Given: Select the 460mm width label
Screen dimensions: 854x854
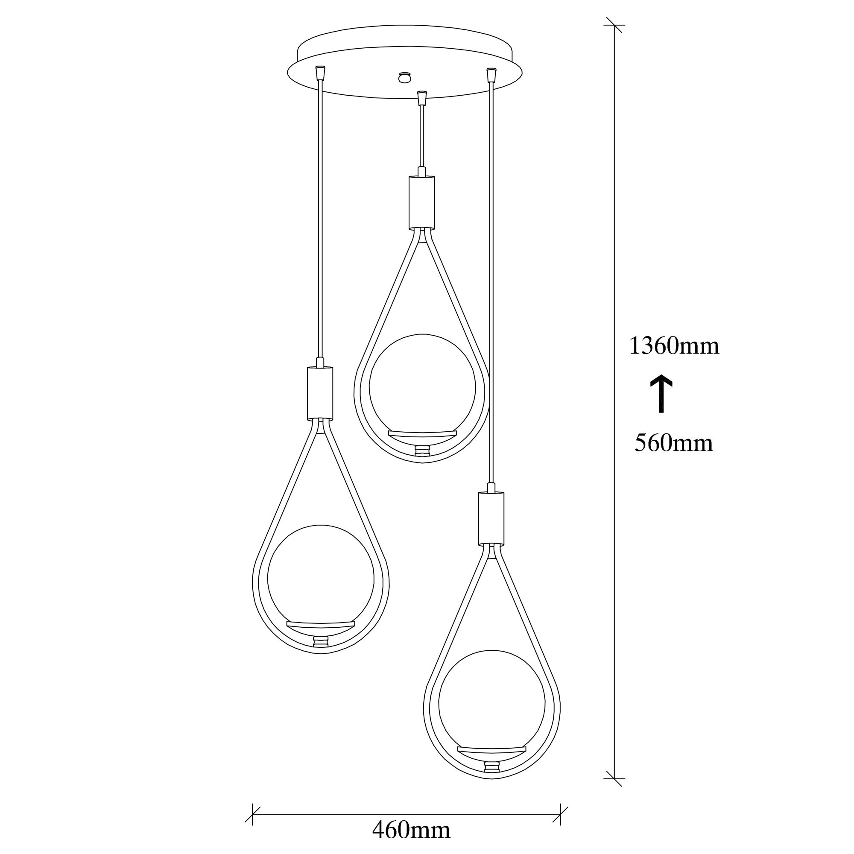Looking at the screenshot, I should [411, 830].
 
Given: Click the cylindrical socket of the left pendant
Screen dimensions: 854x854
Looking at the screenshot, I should [319, 393].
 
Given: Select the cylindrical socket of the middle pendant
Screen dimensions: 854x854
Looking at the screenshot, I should [421, 202].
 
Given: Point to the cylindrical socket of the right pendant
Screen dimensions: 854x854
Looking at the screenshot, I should [491, 518].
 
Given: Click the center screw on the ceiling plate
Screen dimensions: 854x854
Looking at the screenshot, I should [404, 77].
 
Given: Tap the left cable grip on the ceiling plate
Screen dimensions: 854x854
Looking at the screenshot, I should [321, 73].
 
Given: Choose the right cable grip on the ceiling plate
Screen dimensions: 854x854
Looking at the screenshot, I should [490, 74].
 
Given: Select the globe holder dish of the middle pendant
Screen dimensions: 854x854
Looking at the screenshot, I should [422, 434].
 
